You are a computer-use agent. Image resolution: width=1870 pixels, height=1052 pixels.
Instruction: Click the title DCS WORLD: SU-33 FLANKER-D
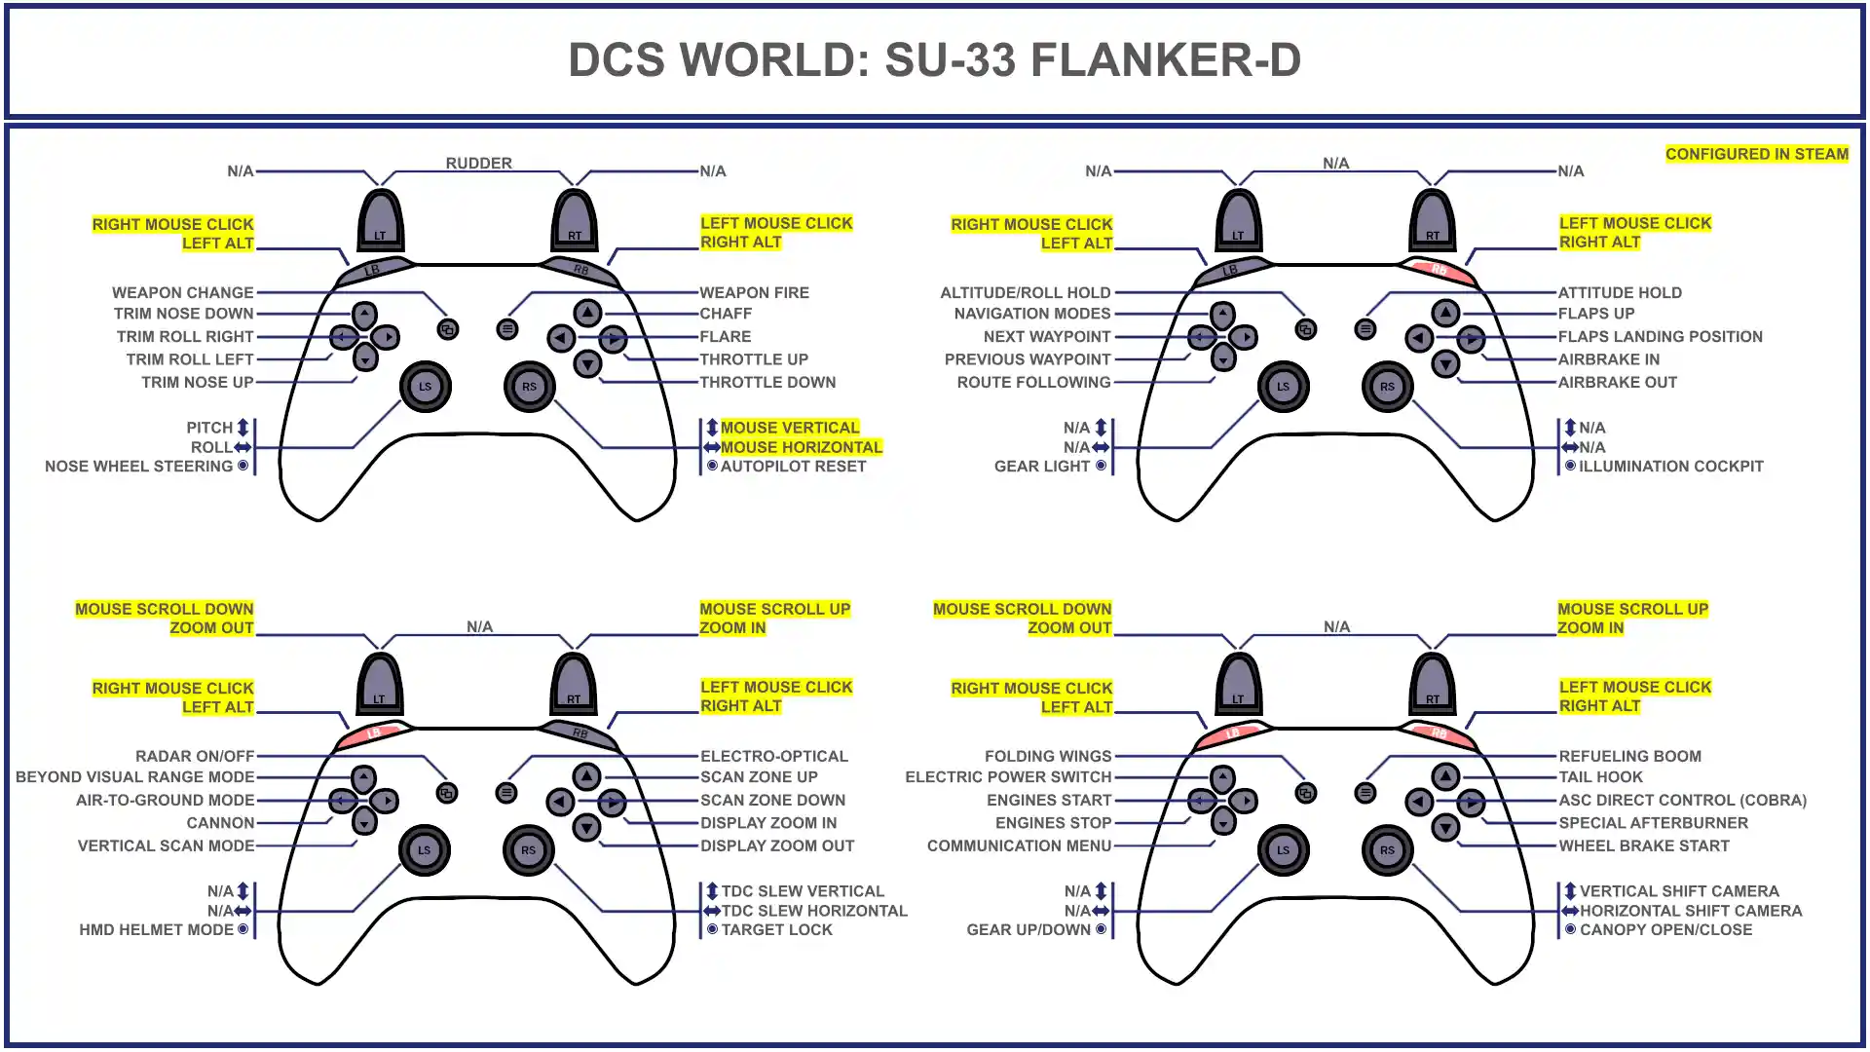pyautogui.click(x=934, y=60)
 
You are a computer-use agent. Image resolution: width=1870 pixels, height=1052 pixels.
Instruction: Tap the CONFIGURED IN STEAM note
pyautogui.click(x=1756, y=154)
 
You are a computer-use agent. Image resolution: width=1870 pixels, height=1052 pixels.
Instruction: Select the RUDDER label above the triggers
pyautogui.click(x=478, y=163)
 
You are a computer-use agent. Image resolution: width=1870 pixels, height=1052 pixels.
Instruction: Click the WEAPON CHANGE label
pyautogui.click(x=182, y=292)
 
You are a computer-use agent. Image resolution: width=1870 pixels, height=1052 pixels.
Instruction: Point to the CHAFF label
pyautogui.click(x=726, y=314)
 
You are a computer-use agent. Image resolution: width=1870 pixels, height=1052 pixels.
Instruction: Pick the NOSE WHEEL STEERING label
pyautogui.click(x=139, y=467)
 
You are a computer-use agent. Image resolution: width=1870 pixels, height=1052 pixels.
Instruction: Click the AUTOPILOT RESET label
pyautogui.click(x=793, y=467)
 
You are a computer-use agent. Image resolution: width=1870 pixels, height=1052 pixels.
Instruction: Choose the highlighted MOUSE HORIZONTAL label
pyautogui.click(x=801, y=447)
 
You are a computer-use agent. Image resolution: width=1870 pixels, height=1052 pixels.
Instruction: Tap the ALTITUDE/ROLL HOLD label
pyautogui.click(x=1025, y=292)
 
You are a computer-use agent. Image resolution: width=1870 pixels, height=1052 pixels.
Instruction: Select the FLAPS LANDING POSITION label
pyautogui.click(x=1660, y=337)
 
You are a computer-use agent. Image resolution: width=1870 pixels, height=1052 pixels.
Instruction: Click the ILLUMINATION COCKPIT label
pyautogui.click(x=1670, y=467)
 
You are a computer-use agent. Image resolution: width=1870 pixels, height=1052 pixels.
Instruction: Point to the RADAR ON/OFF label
pyautogui.click(x=195, y=756)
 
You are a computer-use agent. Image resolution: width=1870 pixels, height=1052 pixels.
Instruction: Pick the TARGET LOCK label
pyautogui.click(x=776, y=930)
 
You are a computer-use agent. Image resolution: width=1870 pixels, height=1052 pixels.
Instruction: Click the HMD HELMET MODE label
pyautogui.click(x=156, y=930)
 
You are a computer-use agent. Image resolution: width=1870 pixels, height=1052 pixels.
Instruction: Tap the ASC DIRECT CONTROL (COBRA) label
pyautogui.click(x=1682, y=801)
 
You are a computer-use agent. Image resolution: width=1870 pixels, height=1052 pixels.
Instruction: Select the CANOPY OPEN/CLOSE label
pyautogui.click(x=1665, y=930)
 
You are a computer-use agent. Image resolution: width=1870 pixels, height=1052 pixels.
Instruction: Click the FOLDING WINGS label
pyautogui.click(x=1047, y=756)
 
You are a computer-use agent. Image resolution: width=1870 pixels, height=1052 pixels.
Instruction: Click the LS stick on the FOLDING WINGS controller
pyautogui.click(x=1283, y=850)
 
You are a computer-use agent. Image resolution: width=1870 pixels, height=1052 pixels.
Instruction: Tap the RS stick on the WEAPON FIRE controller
pyautogui.click(x=529, y=387)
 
